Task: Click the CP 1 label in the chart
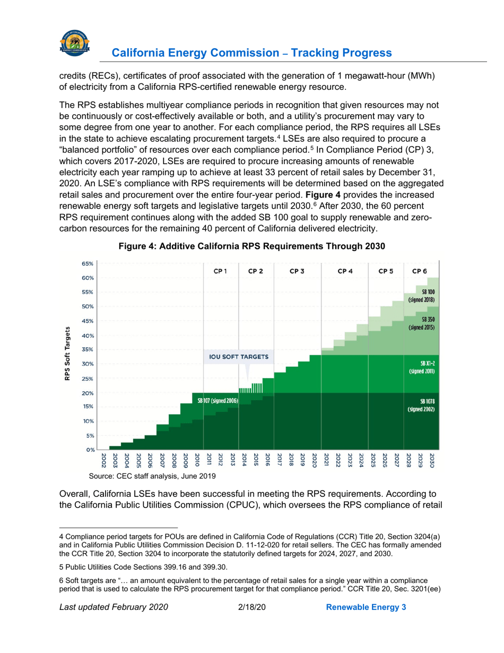pos(221,271)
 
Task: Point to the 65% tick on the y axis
pos(88,263)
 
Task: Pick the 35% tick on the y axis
pos(88,349)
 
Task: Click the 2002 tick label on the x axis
pos(104,460)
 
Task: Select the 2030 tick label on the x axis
pos(432,460)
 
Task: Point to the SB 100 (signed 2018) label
pos(421,296)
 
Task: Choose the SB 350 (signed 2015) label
pos(421,324)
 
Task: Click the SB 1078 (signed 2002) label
pos(421,406)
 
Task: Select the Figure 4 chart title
pos(251,246)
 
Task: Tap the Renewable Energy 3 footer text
pos(366,622)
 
